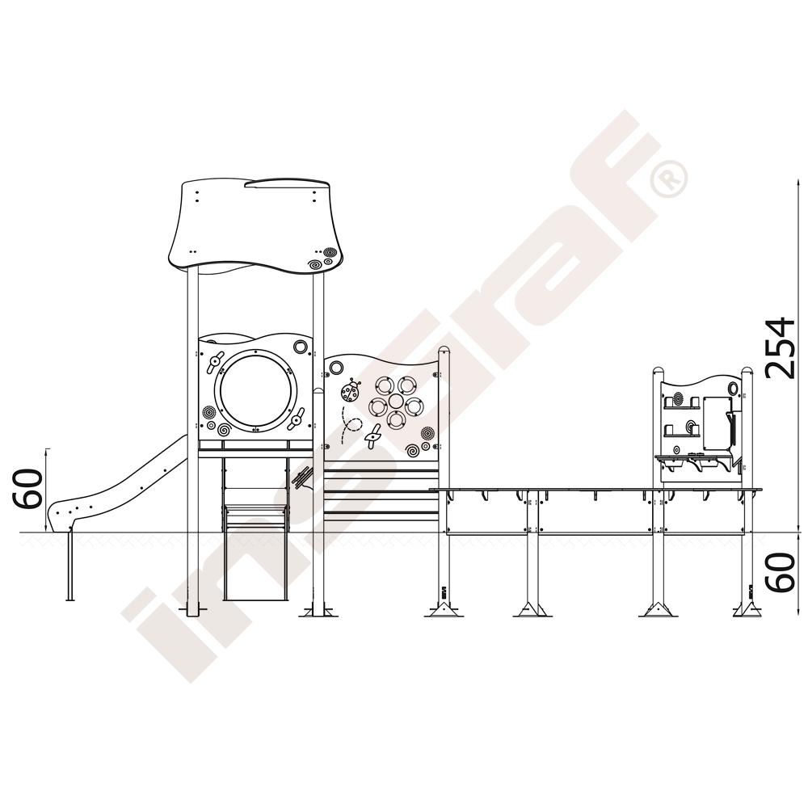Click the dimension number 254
click(781, 349)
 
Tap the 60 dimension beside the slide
click(27, 489)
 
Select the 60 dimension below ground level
click(781, 571)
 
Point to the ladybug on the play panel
click(351, 390)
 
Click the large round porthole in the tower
click(256, 390)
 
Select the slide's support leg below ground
click(70, 566)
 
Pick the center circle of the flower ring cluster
click(396, 402)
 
